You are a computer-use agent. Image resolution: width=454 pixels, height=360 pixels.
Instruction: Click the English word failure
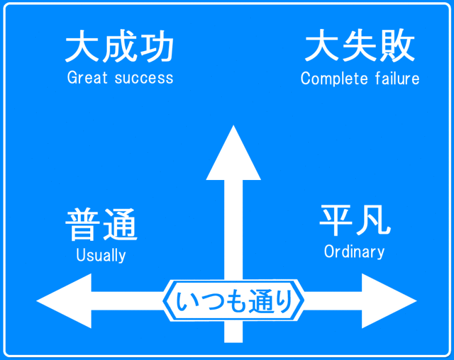(397, 78)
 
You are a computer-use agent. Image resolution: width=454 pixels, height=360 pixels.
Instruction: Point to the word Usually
(101, 256)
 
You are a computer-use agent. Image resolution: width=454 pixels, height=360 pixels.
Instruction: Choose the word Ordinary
(354, 251)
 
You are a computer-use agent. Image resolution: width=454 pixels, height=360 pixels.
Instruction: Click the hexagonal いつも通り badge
(233, 301)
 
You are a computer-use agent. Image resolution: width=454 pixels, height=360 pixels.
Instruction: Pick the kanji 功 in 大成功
(155, 48)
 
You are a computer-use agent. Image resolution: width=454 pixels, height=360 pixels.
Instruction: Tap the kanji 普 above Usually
(83, 225)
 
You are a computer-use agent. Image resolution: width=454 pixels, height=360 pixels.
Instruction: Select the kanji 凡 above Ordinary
(372, 220)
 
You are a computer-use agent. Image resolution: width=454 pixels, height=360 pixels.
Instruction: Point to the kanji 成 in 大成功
(119, 48)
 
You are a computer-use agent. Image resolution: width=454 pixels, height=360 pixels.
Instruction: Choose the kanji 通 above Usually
(120, 225)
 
